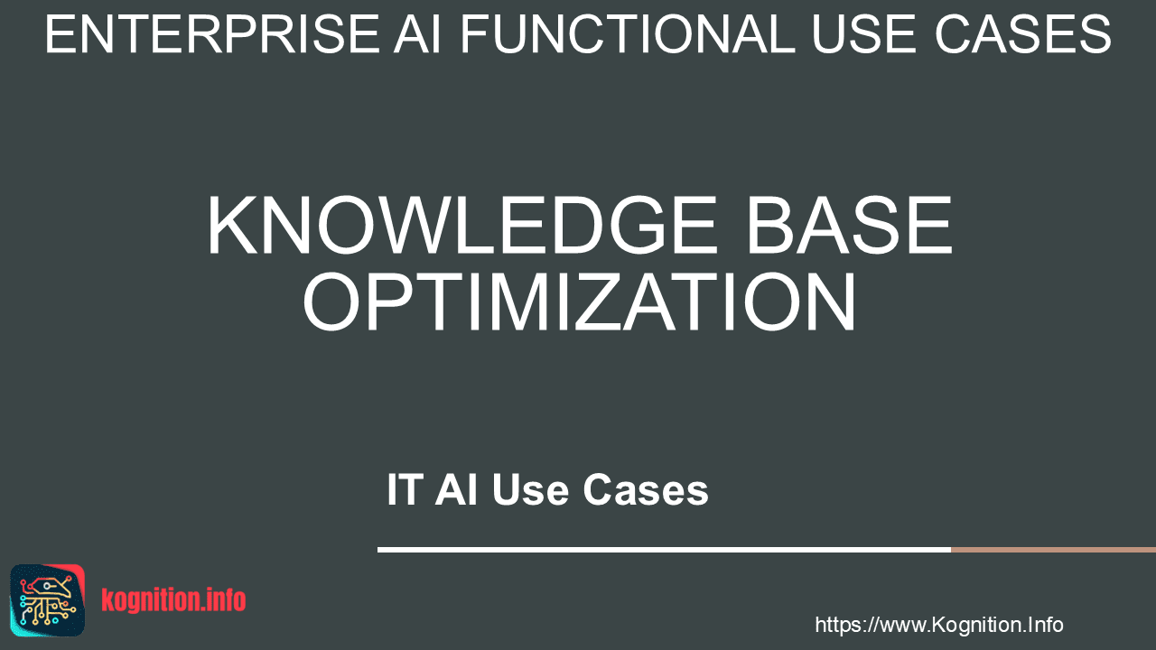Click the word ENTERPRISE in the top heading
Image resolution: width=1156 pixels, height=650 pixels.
click(x=212, y=34)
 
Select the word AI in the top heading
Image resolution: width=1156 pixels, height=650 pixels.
click(x=417, y=34)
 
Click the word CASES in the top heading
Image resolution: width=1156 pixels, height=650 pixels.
click(x=1023, y=34)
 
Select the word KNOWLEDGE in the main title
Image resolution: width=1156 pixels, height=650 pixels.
click(x=461, y=225)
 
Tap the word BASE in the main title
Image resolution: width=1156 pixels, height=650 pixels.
click(x=850, y=225)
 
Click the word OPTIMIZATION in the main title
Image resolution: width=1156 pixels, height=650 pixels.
click(x=579, y=302)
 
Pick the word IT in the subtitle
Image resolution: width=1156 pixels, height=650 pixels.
click(x=406, y=489)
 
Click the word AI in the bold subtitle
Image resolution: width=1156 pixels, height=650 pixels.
click(x=456, y=489)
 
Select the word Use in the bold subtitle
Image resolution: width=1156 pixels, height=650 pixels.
click(x=530, y=489)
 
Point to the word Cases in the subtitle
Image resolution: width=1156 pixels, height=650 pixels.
click(x=646, y=489)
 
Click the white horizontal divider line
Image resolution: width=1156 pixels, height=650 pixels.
click(x=664, y=550)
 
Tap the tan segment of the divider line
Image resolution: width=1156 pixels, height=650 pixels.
click(x=1053, y=550)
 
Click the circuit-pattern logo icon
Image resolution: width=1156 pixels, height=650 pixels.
click(x=48, y=600)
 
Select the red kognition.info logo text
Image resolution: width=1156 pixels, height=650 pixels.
click(x=173, y=600)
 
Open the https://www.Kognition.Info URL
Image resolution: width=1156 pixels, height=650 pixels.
click(x=939, y=625)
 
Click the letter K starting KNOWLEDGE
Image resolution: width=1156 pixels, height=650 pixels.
click(x=233, y=225)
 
